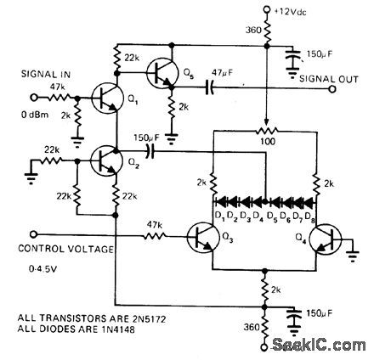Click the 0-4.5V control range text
click(38, 274)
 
